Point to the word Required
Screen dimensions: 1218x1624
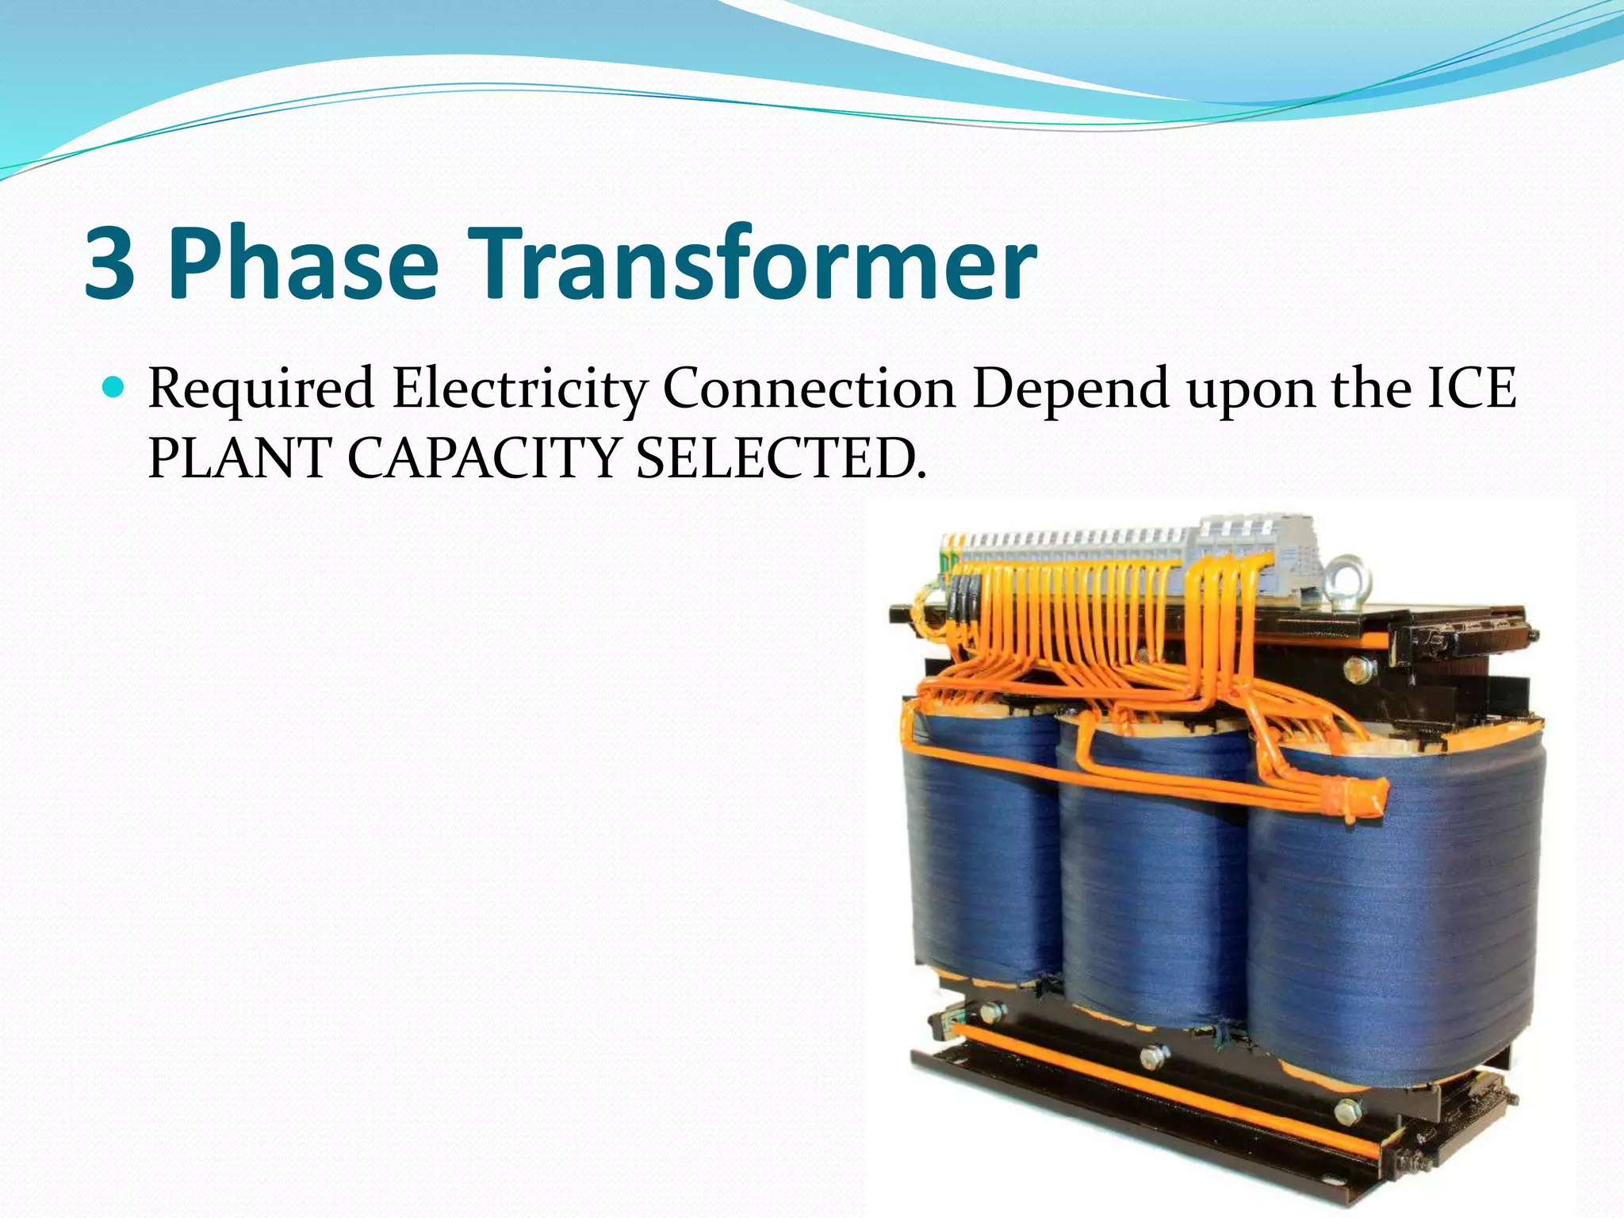(261, 390)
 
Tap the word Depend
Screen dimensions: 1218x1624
(1071, 390)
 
